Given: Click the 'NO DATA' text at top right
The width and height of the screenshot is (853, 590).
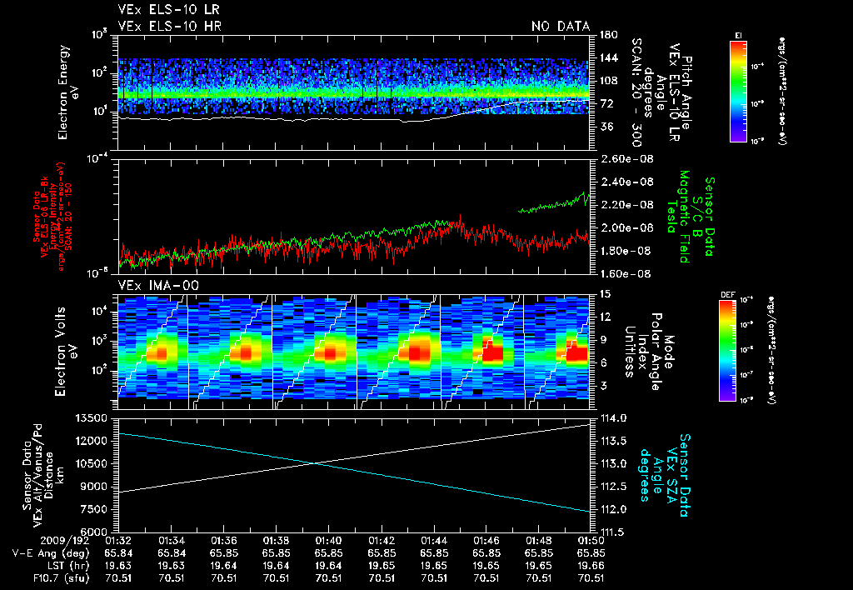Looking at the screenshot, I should pyautogui.click(x=561, y=26).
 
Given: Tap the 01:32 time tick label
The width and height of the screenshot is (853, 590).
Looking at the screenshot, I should pyautogui.click(x=119, y=541).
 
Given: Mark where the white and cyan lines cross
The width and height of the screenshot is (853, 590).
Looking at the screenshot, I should pyautogui.click(x=327, y=464).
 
